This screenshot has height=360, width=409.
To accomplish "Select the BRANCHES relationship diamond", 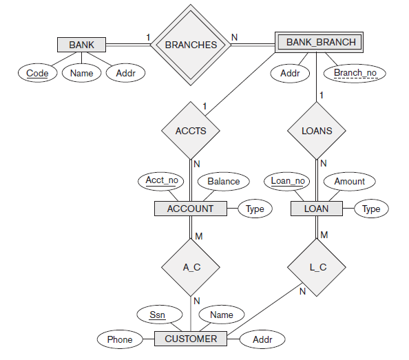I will tap(191, 45).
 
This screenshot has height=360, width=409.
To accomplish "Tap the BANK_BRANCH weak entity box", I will tap(321, 42).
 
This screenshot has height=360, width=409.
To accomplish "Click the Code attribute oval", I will tap(38, 72).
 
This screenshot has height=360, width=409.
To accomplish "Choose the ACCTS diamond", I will tap(191, 130).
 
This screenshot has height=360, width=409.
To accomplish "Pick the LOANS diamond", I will tap(317, 130).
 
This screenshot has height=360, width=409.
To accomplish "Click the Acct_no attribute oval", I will tap(162, 181).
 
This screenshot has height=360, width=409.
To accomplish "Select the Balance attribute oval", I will tap(223, 182).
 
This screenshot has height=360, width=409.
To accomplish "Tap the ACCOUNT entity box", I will tap(191, 209).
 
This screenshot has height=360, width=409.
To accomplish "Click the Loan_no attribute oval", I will tap(287, 182).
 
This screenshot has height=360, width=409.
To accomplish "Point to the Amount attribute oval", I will tap(349, 182).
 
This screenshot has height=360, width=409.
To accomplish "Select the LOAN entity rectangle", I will tap(317, 209).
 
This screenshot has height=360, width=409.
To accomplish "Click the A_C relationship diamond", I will tap(191, 267).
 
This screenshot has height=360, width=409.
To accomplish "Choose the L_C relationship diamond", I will tap(317, 267).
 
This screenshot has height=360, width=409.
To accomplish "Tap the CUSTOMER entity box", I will tap(191, 339).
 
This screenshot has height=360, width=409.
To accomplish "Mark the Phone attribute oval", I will tap(120, 339).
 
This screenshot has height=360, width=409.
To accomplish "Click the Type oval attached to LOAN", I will tap(371, 209).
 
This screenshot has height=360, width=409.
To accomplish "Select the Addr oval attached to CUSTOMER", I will tap(262, 339).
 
